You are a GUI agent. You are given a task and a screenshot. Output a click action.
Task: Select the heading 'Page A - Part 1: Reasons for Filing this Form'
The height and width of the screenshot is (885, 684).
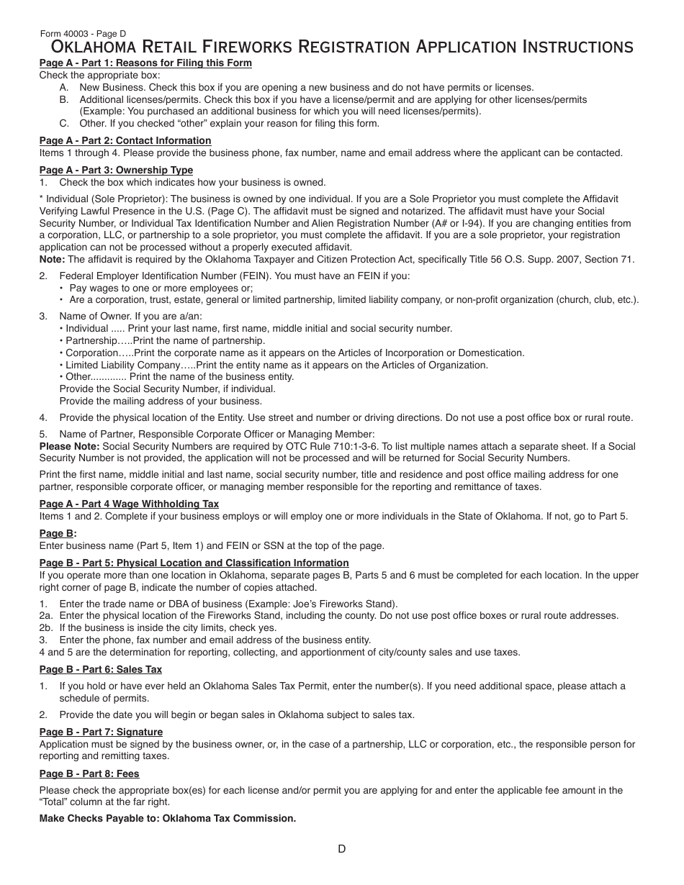click(145, 63)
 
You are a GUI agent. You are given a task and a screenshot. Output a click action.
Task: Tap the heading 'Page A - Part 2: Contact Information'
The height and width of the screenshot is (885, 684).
click(125, 141)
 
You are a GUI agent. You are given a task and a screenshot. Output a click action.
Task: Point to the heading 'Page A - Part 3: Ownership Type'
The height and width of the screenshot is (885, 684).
click(116, 171)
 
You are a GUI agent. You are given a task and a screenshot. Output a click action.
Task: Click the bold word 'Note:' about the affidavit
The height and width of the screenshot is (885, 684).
click(52, 260)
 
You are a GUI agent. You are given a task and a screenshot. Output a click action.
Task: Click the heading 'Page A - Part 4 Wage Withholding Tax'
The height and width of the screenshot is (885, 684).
click(129, 504)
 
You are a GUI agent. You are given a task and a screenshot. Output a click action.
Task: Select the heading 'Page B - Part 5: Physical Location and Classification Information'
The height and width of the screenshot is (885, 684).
click(194, 563)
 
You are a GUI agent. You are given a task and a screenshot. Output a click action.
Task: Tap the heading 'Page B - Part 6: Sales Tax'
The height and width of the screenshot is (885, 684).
click(100, 670)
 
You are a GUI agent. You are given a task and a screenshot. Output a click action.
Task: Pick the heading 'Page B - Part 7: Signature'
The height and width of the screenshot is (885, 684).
click(101, 732)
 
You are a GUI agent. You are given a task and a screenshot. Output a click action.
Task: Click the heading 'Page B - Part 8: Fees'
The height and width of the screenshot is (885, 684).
click(89, 774)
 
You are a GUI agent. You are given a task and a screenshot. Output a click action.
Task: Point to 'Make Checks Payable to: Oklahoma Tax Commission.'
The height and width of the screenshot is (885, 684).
click(167, 819)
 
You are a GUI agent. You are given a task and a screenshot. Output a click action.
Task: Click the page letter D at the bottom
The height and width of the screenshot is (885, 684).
click(342, 849)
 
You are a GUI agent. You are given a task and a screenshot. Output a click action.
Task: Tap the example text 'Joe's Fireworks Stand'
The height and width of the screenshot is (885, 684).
click(347, 604)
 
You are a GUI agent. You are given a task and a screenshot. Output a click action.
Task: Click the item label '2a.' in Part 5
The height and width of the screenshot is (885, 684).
click(46, 616)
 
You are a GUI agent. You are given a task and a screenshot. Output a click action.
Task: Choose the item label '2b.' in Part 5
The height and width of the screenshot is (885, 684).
click(46, 628)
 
